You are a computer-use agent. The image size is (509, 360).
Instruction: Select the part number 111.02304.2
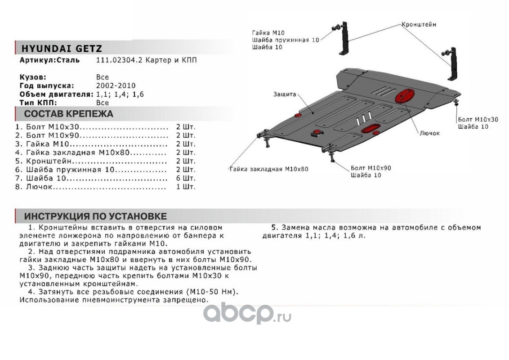[x=118, y=60]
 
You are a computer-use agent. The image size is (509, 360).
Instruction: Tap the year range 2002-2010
[x=116, y=85]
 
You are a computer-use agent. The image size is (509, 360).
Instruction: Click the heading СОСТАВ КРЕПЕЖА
[x=68, y=113]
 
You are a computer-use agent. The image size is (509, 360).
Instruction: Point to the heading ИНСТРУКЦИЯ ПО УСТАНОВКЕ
[x=95, y=216]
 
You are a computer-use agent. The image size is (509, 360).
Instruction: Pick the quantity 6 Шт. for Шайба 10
[x=186, y=178]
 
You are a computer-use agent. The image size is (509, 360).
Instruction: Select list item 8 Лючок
[x=40, y=187]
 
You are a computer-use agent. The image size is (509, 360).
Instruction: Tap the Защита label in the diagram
[x=284, y=94]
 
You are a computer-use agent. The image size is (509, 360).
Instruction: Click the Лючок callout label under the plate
[x=429, y=133]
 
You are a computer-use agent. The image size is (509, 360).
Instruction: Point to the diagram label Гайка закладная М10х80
[x=269, y=169]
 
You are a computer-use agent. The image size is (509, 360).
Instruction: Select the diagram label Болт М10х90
[x=371, y=168]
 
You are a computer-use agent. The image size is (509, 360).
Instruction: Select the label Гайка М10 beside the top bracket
[x=268, y=33]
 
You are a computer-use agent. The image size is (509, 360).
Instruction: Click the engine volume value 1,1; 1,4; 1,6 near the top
[x=120, y=94]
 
